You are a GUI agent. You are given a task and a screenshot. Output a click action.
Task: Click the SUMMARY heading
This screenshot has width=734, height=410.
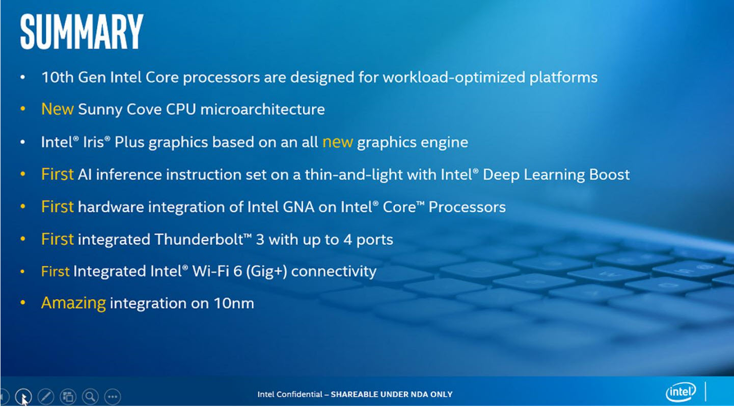pyautogui.click(x=81, y=32)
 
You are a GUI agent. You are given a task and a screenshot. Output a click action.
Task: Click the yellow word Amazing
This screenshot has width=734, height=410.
pyautogui.click(x=73, y=303)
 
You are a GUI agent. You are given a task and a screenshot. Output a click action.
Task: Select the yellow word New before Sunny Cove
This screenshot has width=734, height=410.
pyautogui.click(x=58, y=109)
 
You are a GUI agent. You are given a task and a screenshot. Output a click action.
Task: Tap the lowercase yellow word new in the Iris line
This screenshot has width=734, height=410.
pyautogui.click(x=337, y=142)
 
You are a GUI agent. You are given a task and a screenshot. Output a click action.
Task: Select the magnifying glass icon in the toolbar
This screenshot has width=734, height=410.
pyautogui.click(x=90, y=396)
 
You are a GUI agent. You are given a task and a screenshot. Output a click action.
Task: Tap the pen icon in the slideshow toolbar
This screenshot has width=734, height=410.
pyautogui.click(x=45, y=396)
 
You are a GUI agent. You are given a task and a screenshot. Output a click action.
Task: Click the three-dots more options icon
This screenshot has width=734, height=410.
pyautogui.click(x=113, y=396)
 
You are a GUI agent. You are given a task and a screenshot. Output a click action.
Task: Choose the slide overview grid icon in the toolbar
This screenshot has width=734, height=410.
pyautogui.click(x=68, y=396)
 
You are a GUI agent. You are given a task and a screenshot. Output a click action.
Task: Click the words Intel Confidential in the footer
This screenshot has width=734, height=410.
pyautogui.click(x=290, y=394)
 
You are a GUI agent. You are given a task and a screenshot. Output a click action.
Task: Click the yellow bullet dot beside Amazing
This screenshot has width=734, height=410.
pyautogui.click(x=22, y=303)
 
